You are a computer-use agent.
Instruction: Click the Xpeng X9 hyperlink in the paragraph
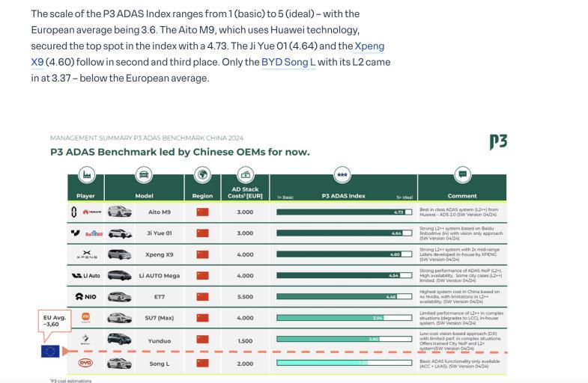(x=369, y=46)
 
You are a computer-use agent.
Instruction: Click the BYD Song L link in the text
(x=288, y=62)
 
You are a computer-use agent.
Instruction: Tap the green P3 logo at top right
(x=498, y=142)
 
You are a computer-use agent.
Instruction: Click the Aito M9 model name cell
(x=160, y=212)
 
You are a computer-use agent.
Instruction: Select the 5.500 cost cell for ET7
(x=245, y=297)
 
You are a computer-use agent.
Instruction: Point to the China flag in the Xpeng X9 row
(x=202, y=254)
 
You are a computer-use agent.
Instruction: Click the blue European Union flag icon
(x=50, y=351)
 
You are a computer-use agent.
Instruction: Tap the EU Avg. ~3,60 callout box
(x=54, y=322)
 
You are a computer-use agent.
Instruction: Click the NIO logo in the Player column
(x=85, y=297)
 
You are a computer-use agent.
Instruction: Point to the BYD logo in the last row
(x=85, y=363)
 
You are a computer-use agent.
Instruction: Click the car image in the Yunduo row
(x=119, y=340)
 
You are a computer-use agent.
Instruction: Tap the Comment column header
(x=462, y=196)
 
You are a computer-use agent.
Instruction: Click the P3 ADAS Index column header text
(x=344, y=196)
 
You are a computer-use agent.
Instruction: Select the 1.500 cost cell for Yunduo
(x=245, y=340)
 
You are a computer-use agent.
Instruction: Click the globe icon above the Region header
(x=202, y=175)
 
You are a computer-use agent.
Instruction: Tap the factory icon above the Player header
(x=85, y=175)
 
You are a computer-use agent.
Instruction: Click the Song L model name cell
(x=160, y=363)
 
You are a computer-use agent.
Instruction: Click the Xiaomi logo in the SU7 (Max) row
(x=85, y=317)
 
